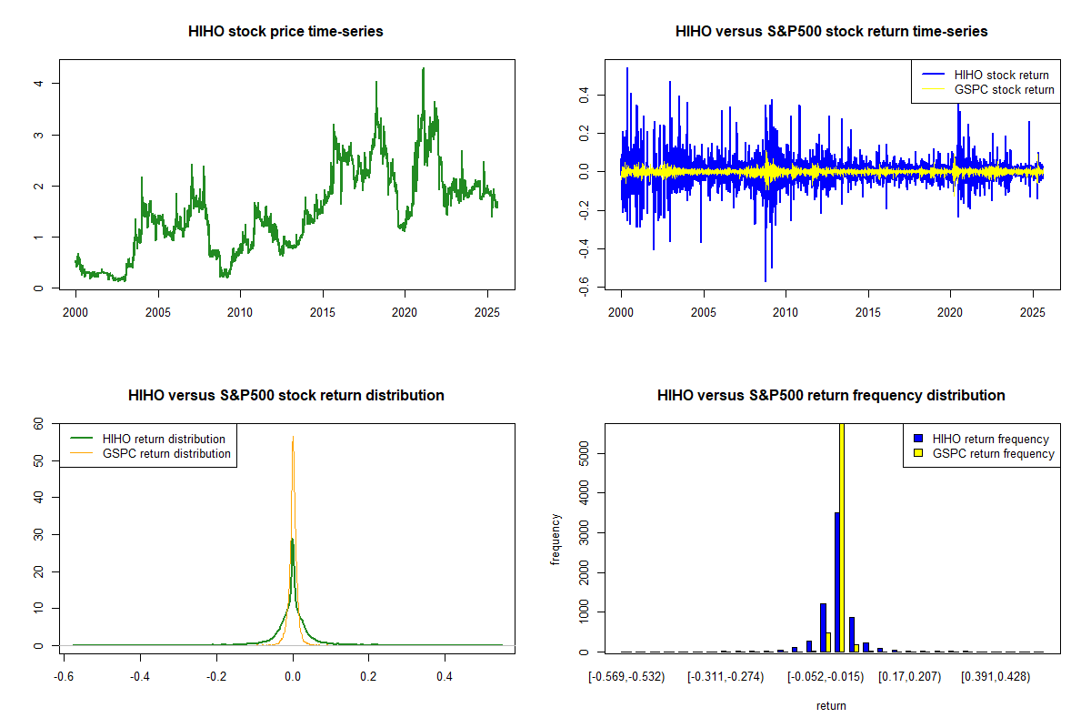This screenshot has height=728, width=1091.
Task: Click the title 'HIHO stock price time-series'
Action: click(285, 32)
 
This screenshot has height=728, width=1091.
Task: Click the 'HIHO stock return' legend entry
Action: click(999, 75)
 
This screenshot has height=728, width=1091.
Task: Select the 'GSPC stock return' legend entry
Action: click(1004, 89)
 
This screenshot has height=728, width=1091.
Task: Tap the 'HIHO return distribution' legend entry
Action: click(164, 439)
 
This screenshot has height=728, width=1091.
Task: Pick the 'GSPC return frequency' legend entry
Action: click(993, 453)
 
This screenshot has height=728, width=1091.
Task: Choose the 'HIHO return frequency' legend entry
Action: click(990, 439)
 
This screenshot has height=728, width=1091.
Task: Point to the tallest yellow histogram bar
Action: click(842, 537)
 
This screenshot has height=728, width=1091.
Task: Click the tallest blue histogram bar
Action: click(836, 582)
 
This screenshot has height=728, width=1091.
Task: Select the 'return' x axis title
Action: click(831, 705)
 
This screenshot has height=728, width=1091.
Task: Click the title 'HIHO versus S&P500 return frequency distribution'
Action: click(831, 396)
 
